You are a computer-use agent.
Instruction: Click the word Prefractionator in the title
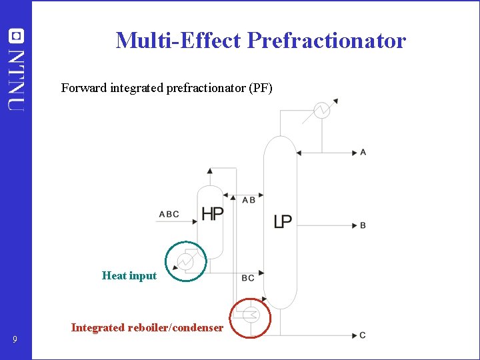pos(326,41)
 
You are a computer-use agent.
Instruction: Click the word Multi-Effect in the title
pos(178,41)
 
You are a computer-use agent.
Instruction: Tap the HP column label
pos(212,214)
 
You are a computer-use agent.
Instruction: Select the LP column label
pos(283,221)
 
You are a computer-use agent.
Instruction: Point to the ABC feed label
pos(169,215)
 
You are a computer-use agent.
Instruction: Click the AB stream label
pos(249,200)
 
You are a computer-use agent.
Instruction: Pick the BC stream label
pos(248,278)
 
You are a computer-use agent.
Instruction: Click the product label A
pos(363,153)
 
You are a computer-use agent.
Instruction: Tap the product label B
pos(363,225)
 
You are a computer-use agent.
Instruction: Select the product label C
pos(363,335)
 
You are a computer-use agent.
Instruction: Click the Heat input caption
pos(129,276)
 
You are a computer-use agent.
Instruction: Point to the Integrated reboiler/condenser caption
pos(147,327)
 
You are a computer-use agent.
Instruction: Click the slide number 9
pos(15,341)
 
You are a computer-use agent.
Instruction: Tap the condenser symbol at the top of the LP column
pos(322,111)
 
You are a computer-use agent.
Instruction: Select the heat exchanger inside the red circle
pos(251,315)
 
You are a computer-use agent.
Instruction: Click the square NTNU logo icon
pos(15,36)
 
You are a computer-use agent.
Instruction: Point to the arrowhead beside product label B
pos(356,225)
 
